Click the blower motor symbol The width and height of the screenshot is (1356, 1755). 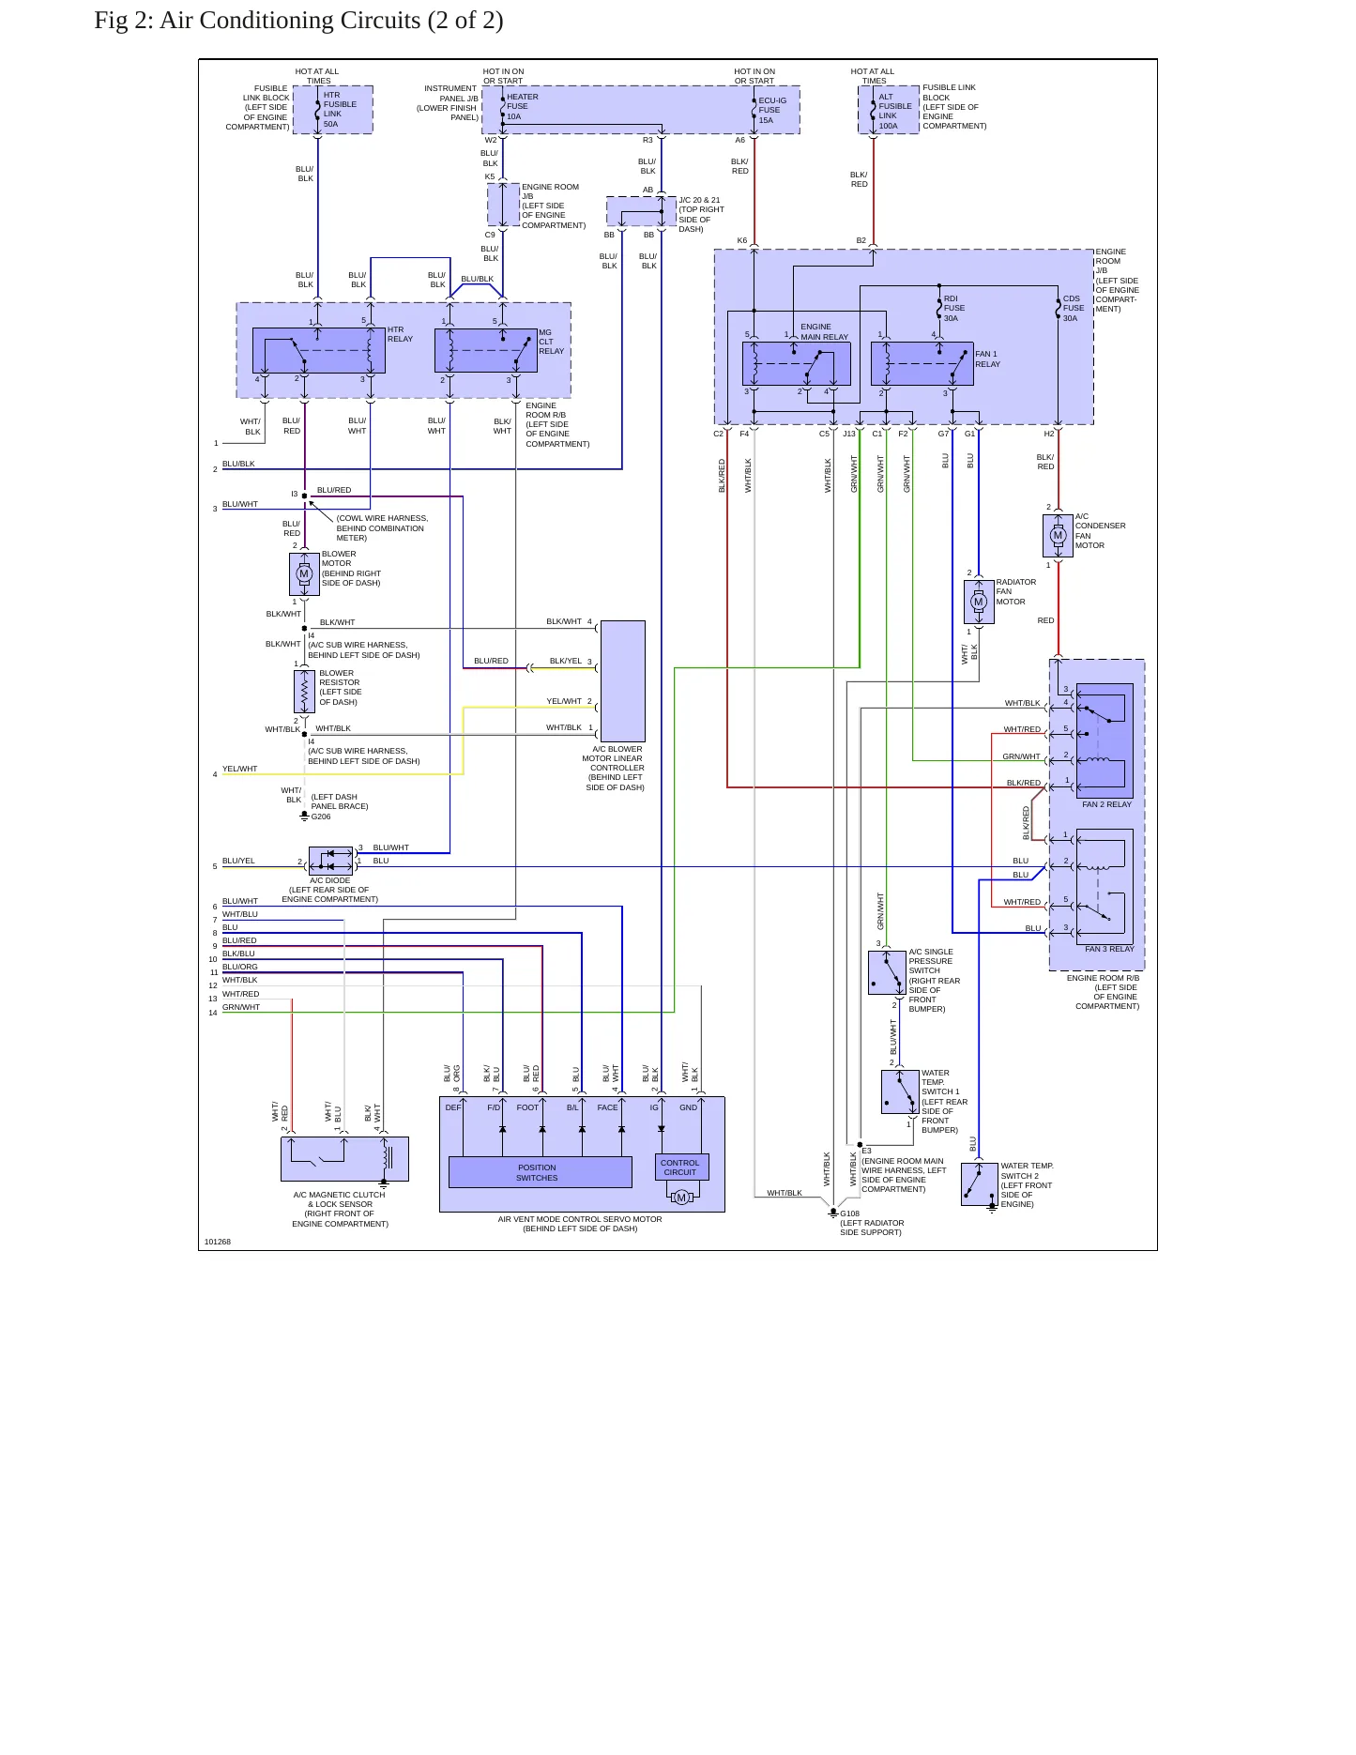click(x=304, y=573)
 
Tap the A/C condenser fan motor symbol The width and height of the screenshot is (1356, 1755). click(x=1058, y=535)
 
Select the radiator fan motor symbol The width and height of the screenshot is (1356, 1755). click(x=979, y=602)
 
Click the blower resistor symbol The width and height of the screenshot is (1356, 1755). click(x=304, y=692)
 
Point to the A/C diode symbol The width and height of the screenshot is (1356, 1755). click(x=330, y=861)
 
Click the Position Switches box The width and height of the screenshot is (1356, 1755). click(x=541, y=1172)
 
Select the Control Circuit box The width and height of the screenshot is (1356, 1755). click(x=681, y=1167)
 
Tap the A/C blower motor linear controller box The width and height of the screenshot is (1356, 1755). click(x=622, y=680)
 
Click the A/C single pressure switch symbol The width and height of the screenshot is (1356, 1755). click(x=887, y=972)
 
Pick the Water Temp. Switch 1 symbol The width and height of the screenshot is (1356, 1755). click(x=900, y=1091)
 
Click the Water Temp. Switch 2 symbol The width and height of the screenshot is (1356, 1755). click(x=980, y=1184)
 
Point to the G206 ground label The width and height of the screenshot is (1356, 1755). click(x=321, y=816)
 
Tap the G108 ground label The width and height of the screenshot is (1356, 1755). click(x=849, y=1213)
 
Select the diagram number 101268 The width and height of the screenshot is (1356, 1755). click(x=218, y=1242)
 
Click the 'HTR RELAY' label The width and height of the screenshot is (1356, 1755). click(x=400, y=334)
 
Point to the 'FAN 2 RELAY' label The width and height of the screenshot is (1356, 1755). click(x=1106, y=804)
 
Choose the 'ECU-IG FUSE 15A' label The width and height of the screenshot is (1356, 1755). click(x=772, y=110)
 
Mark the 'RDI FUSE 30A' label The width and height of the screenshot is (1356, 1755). click(x=954, y=308)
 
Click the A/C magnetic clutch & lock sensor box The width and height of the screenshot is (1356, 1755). click(x=344, y=1159)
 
